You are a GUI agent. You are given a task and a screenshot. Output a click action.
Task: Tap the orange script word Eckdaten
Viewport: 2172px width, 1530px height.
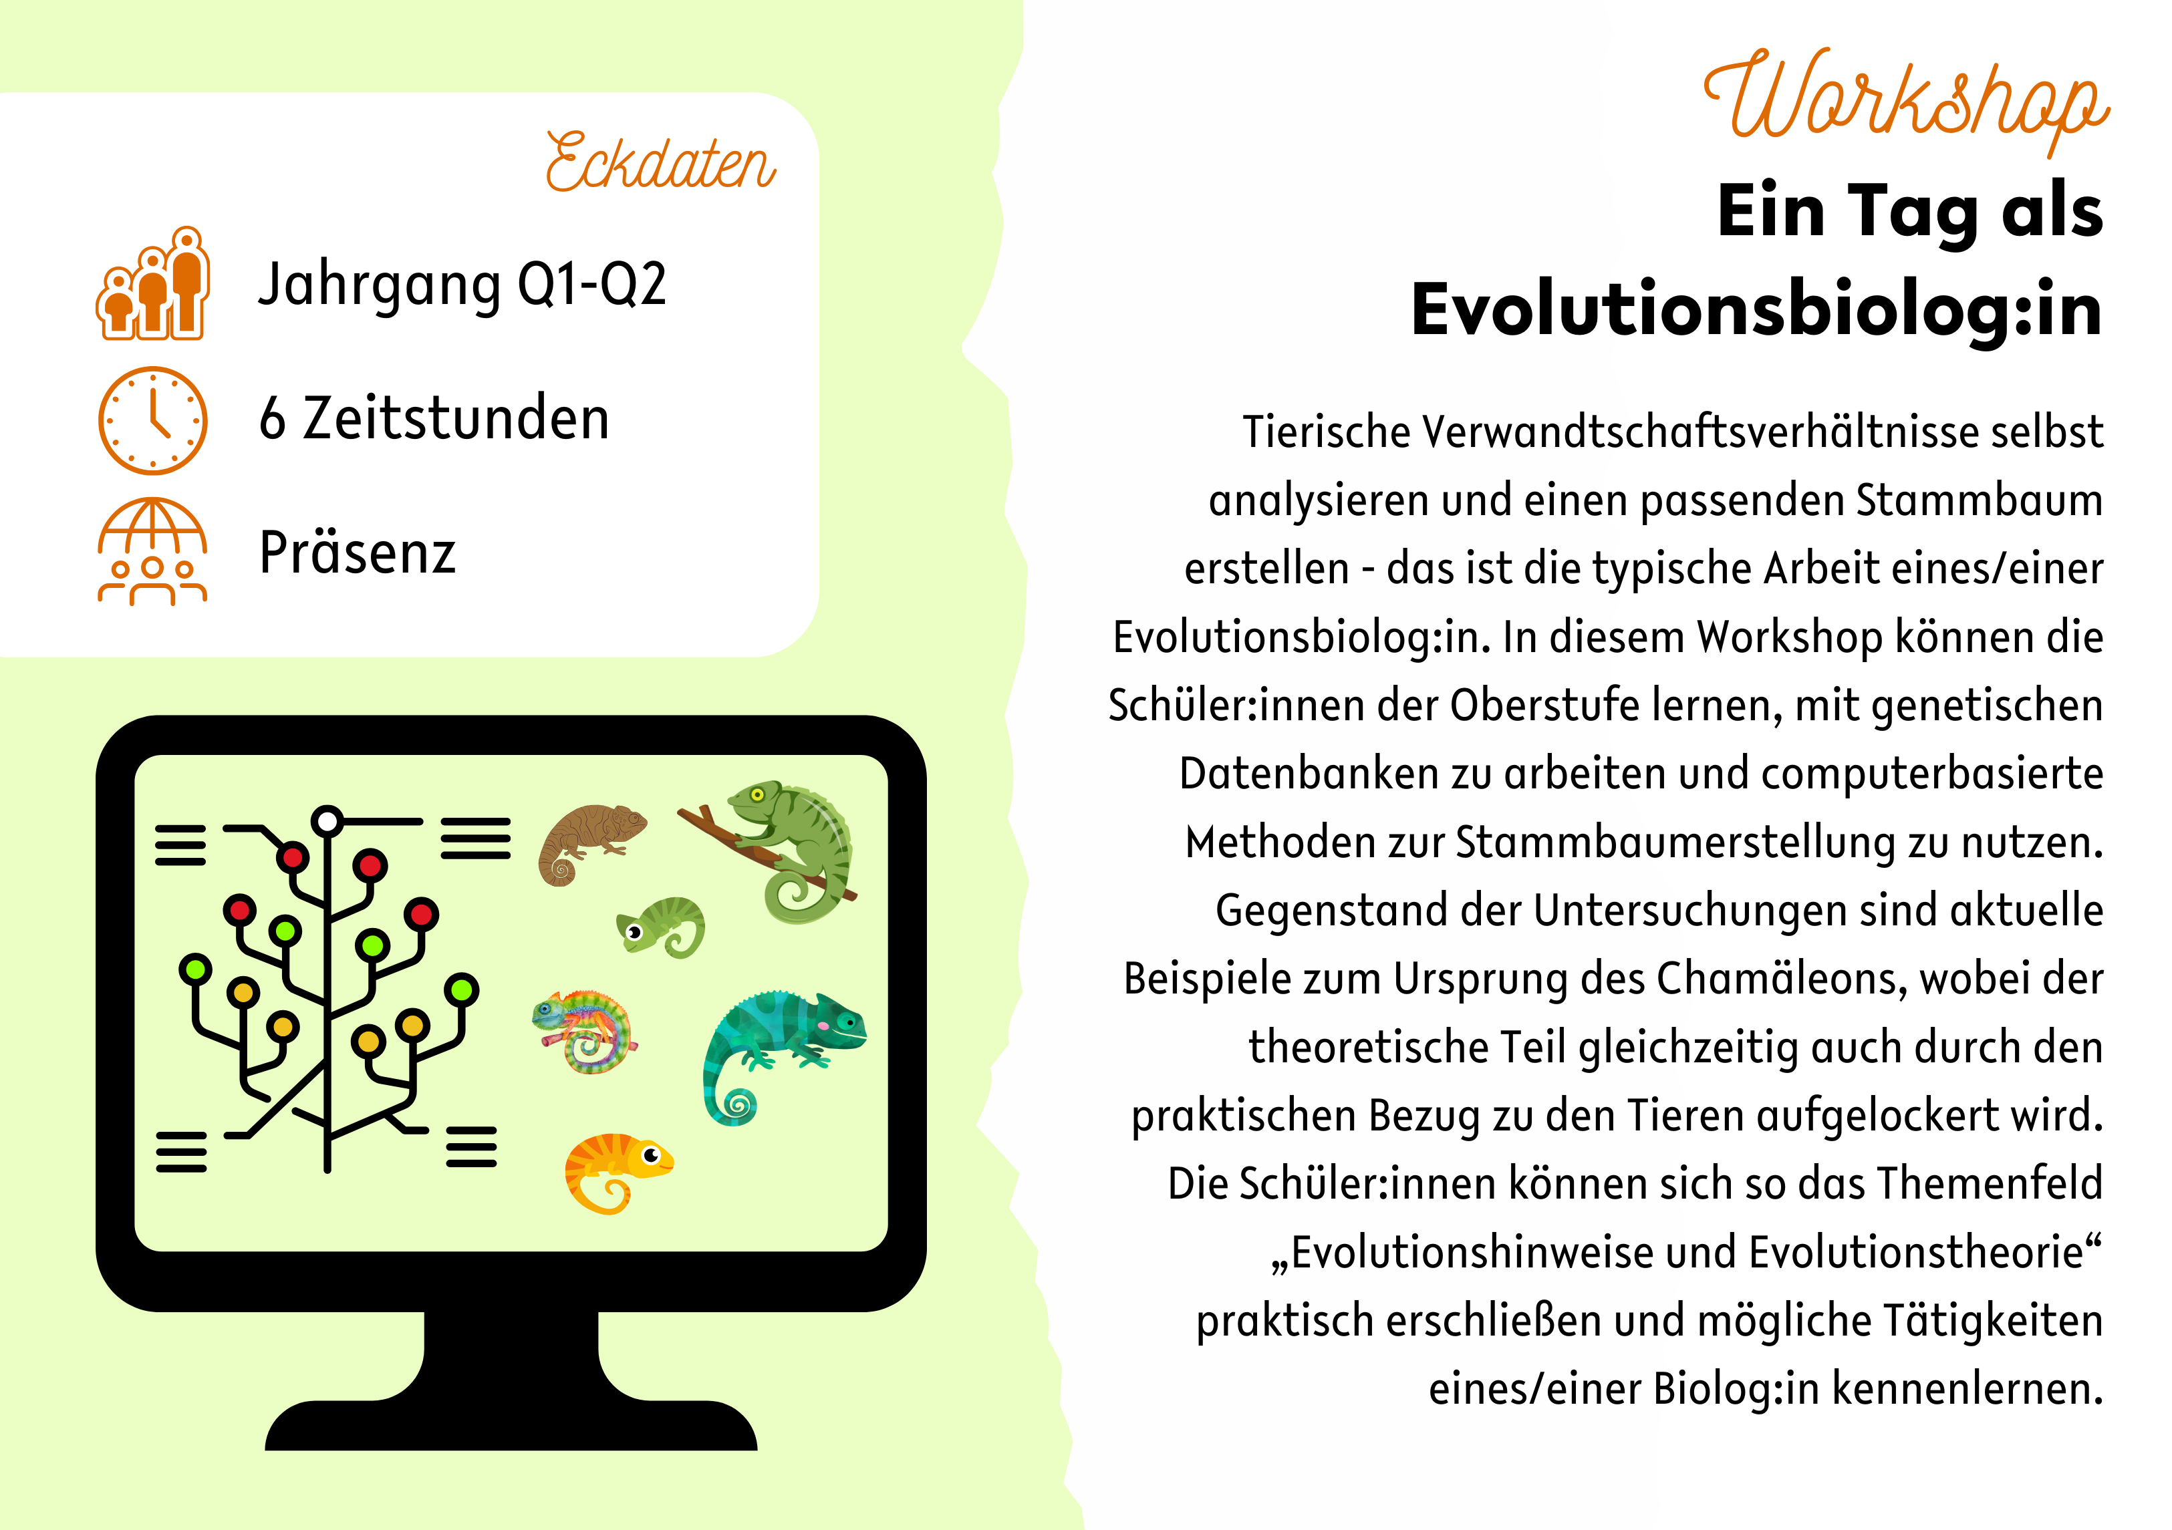click(660, 162)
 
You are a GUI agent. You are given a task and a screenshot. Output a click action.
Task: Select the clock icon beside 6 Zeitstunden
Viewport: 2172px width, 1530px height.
click(152, 420)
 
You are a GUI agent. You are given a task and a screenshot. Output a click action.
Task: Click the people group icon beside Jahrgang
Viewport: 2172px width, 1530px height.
click(152, 283)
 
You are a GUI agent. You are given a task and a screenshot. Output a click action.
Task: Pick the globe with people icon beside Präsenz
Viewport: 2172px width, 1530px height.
click(152, 551)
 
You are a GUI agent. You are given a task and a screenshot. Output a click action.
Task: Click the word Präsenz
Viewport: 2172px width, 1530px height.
click(358, 553)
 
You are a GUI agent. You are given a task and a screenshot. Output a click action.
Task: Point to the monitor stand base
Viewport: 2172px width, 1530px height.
click(511, 1418)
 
